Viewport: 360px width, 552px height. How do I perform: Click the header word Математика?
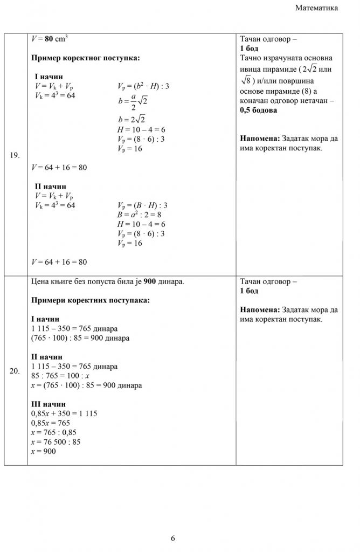coord(317,8)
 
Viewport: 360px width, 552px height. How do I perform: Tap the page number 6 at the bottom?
coord(173,538)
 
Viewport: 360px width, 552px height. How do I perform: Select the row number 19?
coord(15,156)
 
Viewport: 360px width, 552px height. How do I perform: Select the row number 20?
coord(15,371)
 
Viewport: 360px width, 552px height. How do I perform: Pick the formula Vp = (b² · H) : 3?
coord(143,86)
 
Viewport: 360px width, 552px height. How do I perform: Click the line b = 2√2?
coord(132,120)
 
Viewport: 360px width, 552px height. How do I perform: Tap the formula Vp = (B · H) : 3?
coord(142,205)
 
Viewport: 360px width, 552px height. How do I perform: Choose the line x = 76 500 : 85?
coord(56,442)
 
